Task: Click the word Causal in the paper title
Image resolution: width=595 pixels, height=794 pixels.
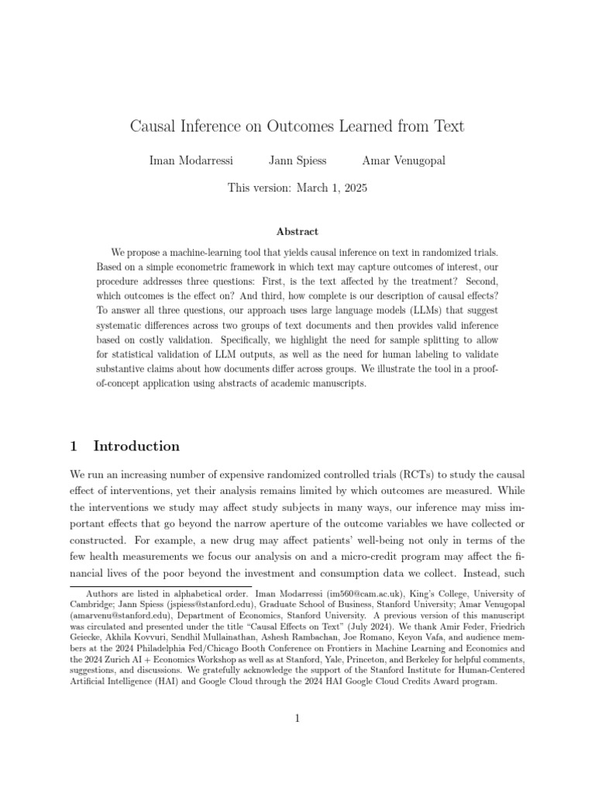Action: tap(154, 126)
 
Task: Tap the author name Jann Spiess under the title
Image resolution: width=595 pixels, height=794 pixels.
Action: tap(297, 161)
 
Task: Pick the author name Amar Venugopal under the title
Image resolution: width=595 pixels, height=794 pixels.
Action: tap(404, 161)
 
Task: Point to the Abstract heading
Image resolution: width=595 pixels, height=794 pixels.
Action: tap(297, 231)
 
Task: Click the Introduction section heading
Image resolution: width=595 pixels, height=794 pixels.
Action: tap(136, 446)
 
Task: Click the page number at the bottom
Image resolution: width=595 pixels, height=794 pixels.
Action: tap(297, 719)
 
